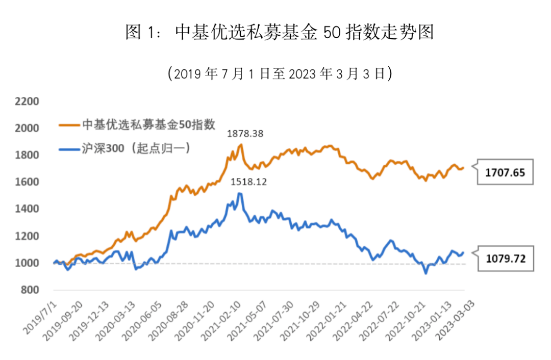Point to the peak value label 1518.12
coord(248,181)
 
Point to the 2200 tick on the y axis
coord(28,101)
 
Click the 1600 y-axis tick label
coord(28,182)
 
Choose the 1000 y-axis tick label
coord(28,263)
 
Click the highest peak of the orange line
coord(241,144)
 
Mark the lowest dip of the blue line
coord(425,273)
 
